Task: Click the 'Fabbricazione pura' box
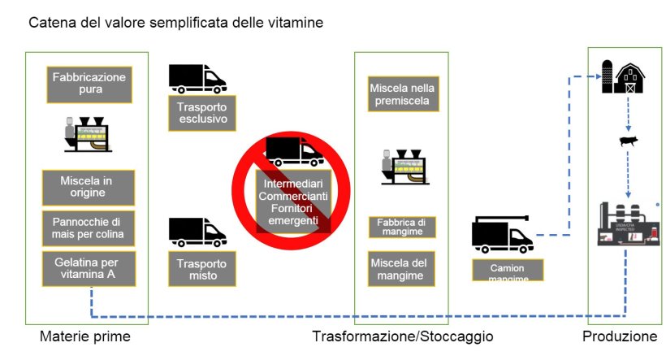[x=89, y=85]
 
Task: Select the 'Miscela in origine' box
[x=89, y=187]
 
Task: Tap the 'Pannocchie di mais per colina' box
[x=89, y=228]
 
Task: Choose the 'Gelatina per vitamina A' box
[x=89, y=269]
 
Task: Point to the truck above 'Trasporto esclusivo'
[x=197, y=78]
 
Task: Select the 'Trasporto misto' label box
[x=202, y=269]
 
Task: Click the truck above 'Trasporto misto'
[x=197, y=232]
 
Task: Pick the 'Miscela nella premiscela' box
[x=403, y=94]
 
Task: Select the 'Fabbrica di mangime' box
[x=403, y=226]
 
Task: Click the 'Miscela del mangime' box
[x=403, y=269]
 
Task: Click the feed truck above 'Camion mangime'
[x=503, y=235]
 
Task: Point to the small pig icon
[x=628, y=142]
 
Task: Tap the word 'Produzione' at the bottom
[x=620, y=336]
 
